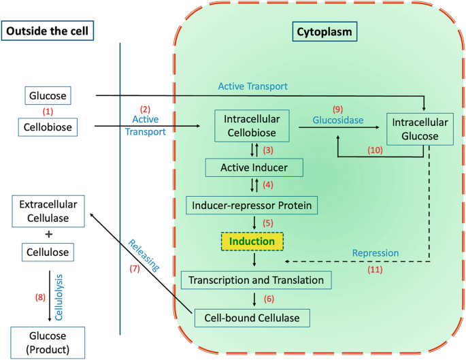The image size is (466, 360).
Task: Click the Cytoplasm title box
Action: (327, 31)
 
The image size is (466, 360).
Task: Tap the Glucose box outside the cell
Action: (48, 97)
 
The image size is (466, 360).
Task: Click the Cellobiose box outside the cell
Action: (48, 127)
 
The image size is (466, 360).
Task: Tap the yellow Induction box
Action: (252, 241)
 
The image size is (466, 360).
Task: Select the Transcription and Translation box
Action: (256, 280)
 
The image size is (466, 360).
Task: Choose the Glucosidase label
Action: (339, 120)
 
